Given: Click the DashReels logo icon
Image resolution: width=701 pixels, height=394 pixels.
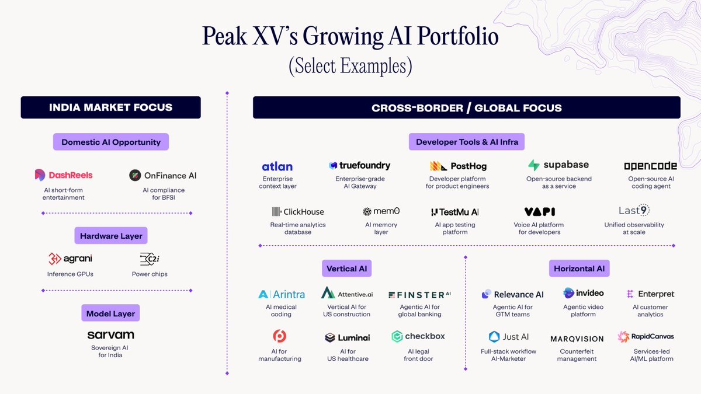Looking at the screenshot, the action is coord(40,175).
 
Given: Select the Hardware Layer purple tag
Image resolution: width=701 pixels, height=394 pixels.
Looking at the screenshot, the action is coord(111,235).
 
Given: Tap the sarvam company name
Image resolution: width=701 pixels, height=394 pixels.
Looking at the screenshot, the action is coord(111,335).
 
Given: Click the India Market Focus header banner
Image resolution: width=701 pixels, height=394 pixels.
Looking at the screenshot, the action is coord(111,107).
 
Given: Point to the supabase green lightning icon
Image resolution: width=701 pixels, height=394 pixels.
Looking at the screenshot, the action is coord(534,165).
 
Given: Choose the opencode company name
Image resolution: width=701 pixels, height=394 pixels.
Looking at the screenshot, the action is coord(650,166).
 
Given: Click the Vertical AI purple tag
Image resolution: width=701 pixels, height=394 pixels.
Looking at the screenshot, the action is coord(347,269).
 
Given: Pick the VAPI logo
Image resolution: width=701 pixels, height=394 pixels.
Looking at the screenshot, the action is coord(540,212).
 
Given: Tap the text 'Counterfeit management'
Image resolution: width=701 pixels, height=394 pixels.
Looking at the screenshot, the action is coord(577,355).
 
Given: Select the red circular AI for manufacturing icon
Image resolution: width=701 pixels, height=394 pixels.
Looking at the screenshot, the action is coord(279,336).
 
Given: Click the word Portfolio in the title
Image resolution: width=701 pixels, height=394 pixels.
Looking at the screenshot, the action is coord(458,36).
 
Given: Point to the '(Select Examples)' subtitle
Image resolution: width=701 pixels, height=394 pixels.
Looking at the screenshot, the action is coord(350,66).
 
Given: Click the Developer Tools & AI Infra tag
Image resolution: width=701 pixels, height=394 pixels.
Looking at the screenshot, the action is coord(467,142).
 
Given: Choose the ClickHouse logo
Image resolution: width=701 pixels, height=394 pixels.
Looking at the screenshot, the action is coord(298,212).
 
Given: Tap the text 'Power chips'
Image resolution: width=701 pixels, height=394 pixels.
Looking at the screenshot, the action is coord(150,274).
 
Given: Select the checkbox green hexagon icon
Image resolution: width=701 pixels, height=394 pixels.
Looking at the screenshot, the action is coord(397,336).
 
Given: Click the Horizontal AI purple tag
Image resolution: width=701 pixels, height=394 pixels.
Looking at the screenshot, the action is coord(579,269).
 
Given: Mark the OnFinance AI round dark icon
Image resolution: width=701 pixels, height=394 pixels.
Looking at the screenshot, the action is coord(135,176).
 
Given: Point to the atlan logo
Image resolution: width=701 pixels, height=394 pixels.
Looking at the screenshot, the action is coord(277,167).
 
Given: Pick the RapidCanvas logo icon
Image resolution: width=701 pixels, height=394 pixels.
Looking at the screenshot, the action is coord(623,337).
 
